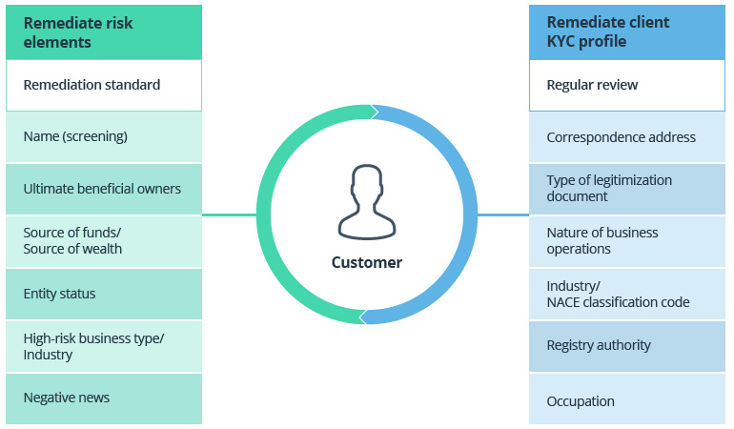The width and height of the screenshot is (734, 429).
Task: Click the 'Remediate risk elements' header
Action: pyautogui.click(x=103, y=31)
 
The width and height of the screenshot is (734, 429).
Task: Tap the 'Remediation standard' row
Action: pyautogui.click(x=103, y=85)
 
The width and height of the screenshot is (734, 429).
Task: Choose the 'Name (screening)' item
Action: pyautogui.click(x=103, y=136)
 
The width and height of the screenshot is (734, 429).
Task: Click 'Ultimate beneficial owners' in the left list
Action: pyautogui.click(x=103, y=189)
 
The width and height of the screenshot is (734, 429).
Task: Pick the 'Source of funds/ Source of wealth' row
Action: pyautogui.click(x=103, y=240)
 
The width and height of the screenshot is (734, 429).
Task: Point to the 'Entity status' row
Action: pyautogui.click(x=103, y=294)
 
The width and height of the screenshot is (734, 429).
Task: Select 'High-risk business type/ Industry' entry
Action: pyautogui.click(x=103, y=346)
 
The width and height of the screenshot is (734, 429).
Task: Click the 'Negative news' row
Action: pyautogui.click(x=103, y=398)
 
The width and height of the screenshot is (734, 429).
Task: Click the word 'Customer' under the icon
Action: pyautogui.click(x=366, y=262)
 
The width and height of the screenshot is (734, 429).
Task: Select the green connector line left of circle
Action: pyautogui.click(x=229, y=214)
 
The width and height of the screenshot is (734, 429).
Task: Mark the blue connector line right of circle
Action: pyautogui.click(x=502, y=214)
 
